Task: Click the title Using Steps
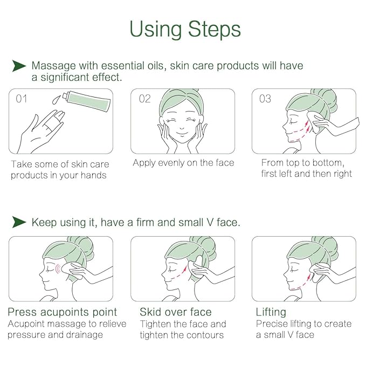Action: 185,30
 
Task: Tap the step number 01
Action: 22,99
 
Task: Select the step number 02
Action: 145,99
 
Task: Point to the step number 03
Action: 265,99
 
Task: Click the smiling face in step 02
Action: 182,122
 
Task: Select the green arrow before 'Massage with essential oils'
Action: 19,66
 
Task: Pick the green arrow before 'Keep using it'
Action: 19,222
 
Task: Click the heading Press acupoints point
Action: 62,312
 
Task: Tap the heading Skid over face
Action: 175,312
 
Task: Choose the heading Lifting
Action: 271,312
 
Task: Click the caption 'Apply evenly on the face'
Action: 183,162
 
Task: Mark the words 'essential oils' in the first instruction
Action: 135,66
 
